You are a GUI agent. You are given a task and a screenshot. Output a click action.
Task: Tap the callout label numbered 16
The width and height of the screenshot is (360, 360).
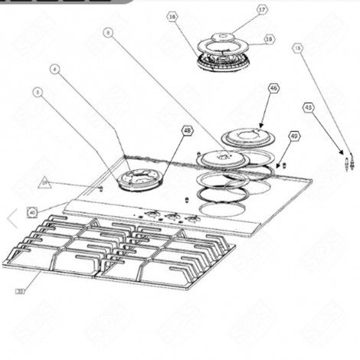point(172,16)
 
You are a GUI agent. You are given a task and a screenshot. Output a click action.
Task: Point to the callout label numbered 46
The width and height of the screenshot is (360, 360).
point(273,89)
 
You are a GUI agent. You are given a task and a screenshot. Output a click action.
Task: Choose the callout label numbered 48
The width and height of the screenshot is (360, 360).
point(186,131)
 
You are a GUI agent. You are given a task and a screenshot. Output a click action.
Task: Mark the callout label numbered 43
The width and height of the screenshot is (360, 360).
point(308,107)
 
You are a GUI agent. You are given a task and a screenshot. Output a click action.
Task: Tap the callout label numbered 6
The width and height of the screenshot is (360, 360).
point(55,69)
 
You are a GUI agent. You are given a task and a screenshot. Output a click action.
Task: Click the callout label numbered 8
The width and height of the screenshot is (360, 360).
point(106,32)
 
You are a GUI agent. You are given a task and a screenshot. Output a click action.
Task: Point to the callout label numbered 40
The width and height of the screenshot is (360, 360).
point(31,212)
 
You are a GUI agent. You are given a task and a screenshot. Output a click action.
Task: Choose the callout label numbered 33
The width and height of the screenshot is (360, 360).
point(20,290)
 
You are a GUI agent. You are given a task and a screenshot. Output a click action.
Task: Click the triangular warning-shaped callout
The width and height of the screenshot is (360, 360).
point(45,182)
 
